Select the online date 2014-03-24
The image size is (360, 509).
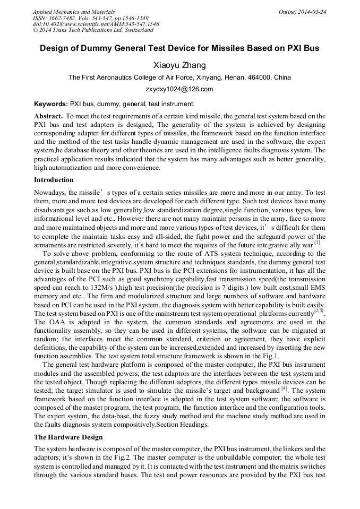coord(311,12)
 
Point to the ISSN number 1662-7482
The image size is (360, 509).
coord(65,18)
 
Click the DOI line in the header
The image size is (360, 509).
coord(96,24)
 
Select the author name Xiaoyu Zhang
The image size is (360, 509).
coord(179,65)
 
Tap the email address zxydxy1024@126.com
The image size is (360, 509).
coord(179,89)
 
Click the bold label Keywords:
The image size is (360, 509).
coord(51,104)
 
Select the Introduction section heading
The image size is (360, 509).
coord(54,180)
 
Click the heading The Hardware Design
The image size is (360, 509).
coord(68,437)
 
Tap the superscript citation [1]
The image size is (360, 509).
coord(317,243)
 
